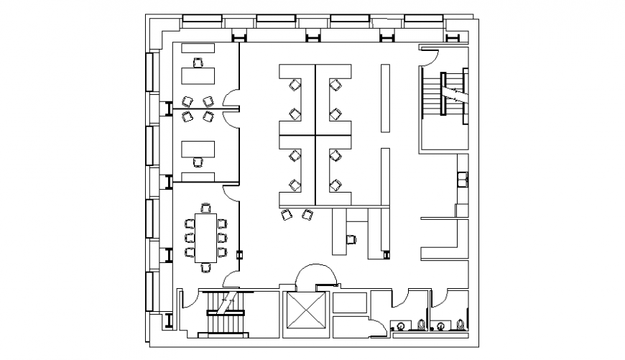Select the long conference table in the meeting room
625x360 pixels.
[x=206, y=237]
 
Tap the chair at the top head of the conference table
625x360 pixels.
[x=206, y=209]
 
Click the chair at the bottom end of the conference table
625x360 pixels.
[x=206, y=267]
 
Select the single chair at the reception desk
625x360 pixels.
[x=351, y=239]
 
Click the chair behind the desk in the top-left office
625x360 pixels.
[x=199, y=63]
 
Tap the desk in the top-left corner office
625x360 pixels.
[x=198, y=75]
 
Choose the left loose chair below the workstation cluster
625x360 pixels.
[x=287, y=214]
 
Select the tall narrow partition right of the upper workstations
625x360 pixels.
[x=385, y=98]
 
